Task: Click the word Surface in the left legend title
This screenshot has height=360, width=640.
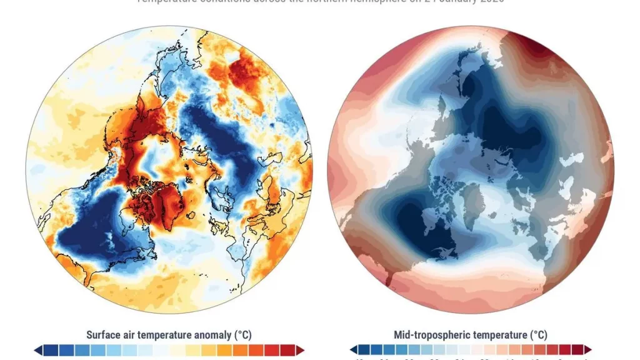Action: pos(104,335)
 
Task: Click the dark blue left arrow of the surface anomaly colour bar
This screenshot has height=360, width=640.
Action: pos(38,350)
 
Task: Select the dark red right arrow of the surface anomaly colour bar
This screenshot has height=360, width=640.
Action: pos(301,350)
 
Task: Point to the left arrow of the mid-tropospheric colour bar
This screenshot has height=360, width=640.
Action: pos(354,350)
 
